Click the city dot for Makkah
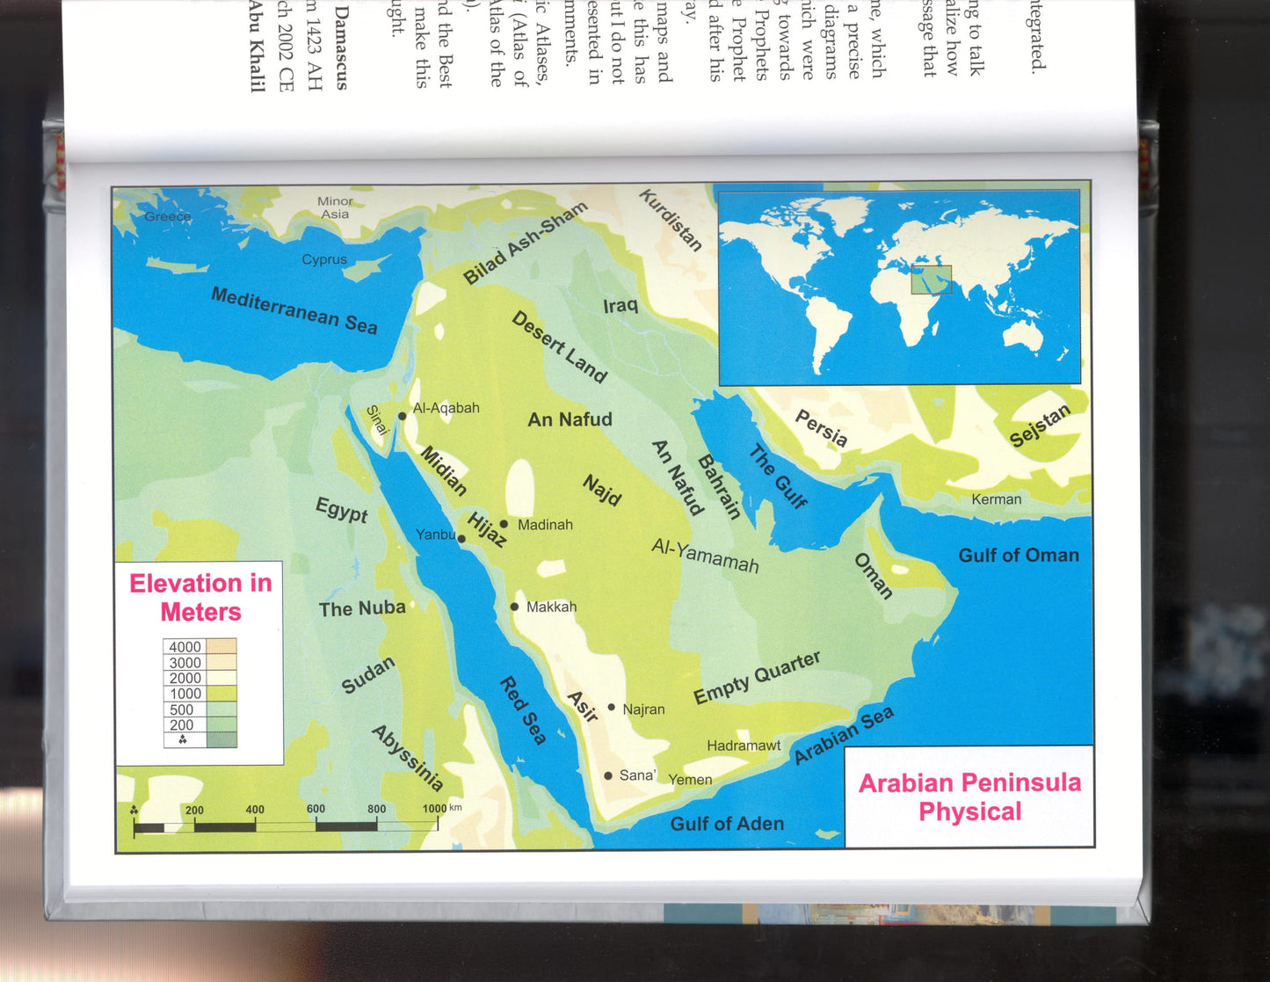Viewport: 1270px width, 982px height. [x=514, y=607]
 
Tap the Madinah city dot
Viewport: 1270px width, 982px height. [x=504, y=524]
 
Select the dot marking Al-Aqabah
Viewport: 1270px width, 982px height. [x=403, y=416]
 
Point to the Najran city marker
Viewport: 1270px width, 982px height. [x=612, y=707]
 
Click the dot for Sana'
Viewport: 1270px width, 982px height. [x=608, y=775]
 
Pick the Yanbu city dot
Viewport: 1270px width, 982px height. [x=461, y=539]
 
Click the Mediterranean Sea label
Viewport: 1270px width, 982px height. [x=294, y=310]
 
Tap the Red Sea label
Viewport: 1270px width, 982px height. [x=524, y=710]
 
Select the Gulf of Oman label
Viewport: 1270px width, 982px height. [x=1019, y=555]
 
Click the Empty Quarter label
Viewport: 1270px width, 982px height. [x=757, y=678]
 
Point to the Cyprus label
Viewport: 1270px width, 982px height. [x=324, y=259]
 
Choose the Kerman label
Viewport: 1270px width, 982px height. [x=997, y=499]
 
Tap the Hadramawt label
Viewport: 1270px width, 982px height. [x=744, y=746]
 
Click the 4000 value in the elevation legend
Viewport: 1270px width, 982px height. [x=185, y=647]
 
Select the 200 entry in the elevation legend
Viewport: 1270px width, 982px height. [x=182, y=725]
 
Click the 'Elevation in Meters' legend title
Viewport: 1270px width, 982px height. [x=200, y=597]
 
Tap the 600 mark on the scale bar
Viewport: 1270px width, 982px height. [x=316, y=810]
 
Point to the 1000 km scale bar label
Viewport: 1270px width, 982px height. [x=440, y=808]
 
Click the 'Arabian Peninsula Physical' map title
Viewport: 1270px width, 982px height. [x=969, y=797]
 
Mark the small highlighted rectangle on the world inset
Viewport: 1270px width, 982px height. [x=931, y=280]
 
